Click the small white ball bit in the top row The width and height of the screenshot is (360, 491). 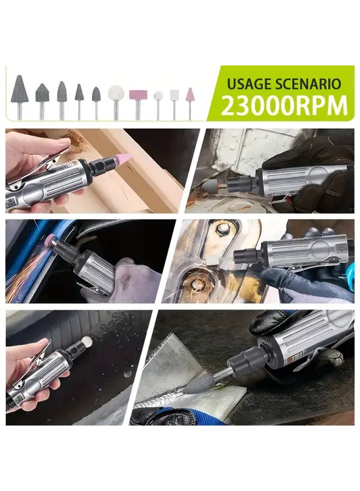coord(158,96)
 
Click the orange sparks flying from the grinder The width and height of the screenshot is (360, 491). coord(27,273)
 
